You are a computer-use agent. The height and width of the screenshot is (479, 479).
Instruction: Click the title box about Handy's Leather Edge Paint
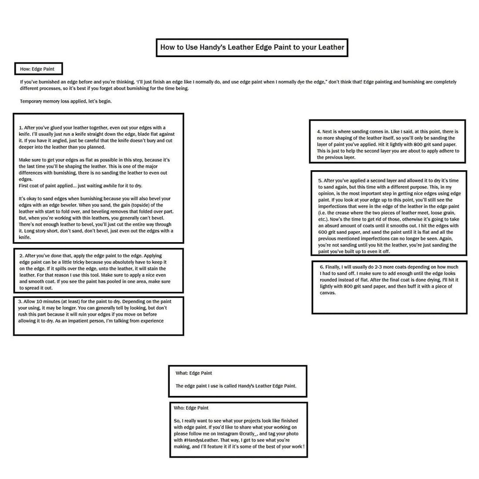252,47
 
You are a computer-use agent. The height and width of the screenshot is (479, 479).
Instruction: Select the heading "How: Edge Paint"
37,69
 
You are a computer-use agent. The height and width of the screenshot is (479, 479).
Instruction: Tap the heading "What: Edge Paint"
194,373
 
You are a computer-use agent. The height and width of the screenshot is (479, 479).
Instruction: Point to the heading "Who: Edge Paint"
191,408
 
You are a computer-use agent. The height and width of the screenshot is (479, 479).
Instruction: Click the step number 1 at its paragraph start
20,128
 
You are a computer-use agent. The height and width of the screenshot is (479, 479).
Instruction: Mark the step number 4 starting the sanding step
319,132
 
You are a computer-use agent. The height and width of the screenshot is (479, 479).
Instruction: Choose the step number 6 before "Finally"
322,267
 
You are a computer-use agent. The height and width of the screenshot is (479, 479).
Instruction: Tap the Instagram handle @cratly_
249,434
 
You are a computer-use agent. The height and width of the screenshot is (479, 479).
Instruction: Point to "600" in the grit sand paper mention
323,233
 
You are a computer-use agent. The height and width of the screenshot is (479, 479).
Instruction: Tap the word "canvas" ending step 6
327,293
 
